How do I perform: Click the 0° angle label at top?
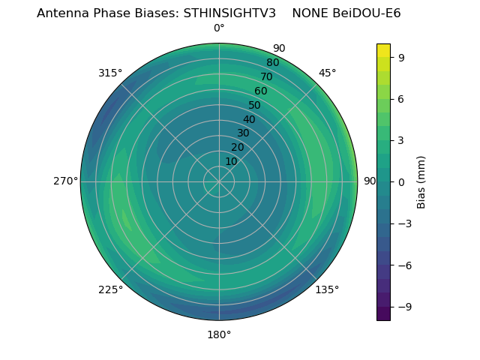click(219, 28)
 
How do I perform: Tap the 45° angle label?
click(327, 73)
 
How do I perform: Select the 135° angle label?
click(327, 289)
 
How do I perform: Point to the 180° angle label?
click(219, 334)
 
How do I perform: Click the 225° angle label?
click(110, 289)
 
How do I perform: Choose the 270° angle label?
click(65, 181)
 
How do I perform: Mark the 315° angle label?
click(110, 73)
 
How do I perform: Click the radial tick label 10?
click(231, 161)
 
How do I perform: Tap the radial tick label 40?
click(249, 119)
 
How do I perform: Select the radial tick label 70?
click(266, 76)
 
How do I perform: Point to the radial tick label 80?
click(272, 62)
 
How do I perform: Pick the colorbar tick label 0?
click(401, 181)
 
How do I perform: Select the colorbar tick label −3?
click(404, 223)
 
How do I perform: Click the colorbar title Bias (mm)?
click(421, 181)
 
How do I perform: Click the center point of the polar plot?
click(219, 181)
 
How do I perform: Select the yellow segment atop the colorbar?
click(383, 50)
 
